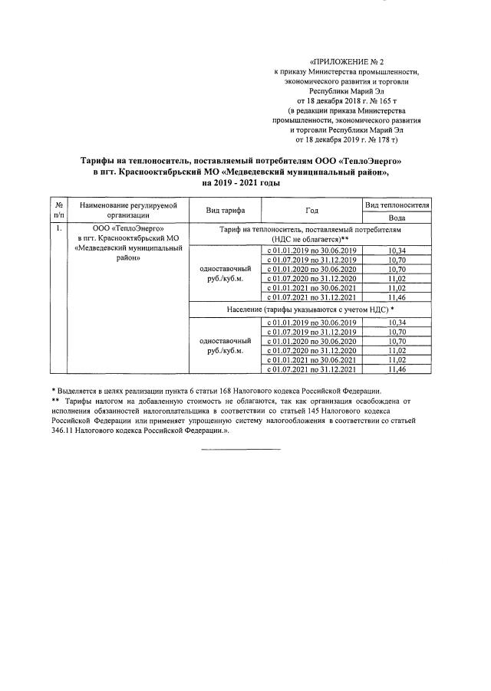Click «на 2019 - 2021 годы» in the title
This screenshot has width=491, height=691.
pyautogui.click(x=241, y=184)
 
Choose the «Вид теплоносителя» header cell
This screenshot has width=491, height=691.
pyautogui.click(x=397, y=205)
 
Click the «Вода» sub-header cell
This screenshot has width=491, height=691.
pyautogui.click(x=397, y=218)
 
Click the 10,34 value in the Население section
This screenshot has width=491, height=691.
pyautogui.click(x=397, y=323)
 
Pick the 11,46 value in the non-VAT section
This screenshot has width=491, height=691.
pyautogui.click(x=397, y=296)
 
